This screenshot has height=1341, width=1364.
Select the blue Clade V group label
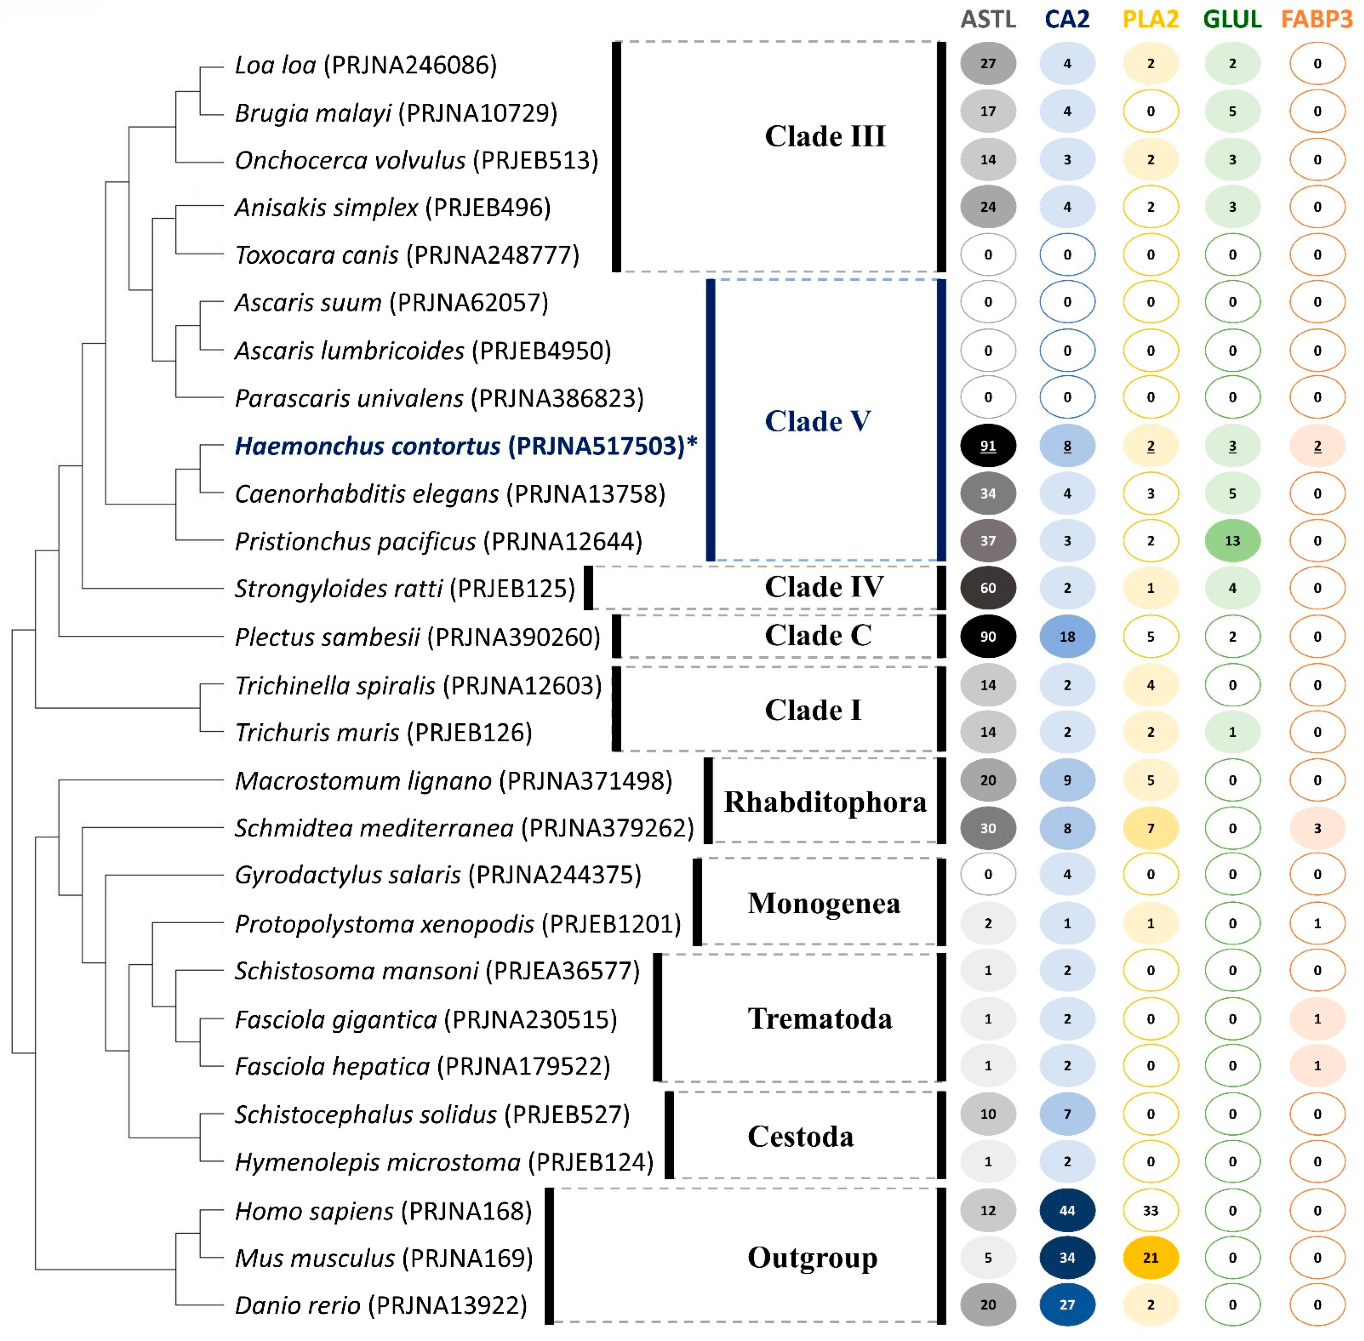coord(817,421)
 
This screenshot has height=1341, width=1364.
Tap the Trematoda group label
coord(819,1019)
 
